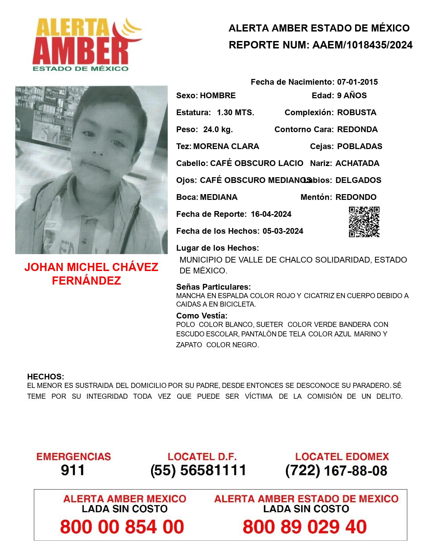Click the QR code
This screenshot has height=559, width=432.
tap(364, 222)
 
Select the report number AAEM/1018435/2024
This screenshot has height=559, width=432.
tap(362, 45)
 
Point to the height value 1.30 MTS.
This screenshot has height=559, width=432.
tap(235, 112)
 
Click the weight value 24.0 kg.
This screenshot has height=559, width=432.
tap(218, 129)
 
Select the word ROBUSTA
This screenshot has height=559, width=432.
tap(356, 112)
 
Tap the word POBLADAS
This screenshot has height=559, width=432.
tap(359, 146)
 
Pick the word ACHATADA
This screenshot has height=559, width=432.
tap(357, 163)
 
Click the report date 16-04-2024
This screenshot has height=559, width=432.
tap(271, 214)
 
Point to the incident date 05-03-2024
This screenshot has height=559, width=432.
tap(283, 231)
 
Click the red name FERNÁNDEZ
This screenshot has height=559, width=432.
tap(86, 281)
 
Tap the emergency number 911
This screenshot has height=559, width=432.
tap(73, 470)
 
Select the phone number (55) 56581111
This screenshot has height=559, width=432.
tap(198, 470)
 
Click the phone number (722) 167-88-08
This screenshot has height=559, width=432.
tap(336, 471)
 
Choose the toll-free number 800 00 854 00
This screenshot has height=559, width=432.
tap(122, 527)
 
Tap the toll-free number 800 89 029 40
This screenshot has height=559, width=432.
tap(305, 527)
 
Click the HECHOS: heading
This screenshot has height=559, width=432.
tap(45, 377)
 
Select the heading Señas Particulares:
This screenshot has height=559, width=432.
tap(213, 287)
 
